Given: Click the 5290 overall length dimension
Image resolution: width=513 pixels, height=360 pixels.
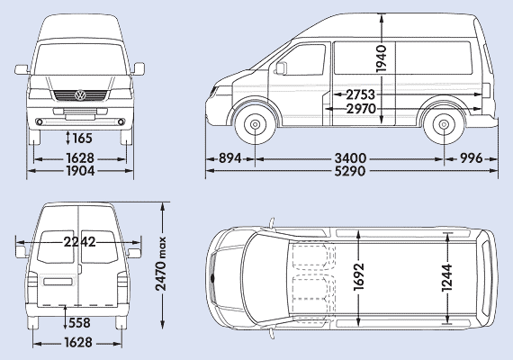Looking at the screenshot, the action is point(350,171).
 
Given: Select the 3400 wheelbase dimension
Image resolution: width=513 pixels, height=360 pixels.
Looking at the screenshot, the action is point(350,158).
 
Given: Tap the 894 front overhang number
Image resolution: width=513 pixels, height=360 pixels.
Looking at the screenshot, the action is point(230,158).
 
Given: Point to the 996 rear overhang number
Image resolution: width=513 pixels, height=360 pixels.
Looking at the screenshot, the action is point(472,158).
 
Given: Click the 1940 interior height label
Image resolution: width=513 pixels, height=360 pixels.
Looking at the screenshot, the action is point(382,58).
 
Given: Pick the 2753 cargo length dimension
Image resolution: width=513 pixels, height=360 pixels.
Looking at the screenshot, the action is point(360,94).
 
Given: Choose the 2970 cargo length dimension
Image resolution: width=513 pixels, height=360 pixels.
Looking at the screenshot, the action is point(361,109).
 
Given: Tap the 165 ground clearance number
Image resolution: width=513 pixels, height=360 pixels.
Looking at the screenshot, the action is point(82,138).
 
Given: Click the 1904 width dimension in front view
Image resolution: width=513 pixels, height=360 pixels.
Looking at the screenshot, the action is point(80,170).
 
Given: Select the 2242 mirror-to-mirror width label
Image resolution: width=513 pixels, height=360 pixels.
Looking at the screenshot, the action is point(79,242).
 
